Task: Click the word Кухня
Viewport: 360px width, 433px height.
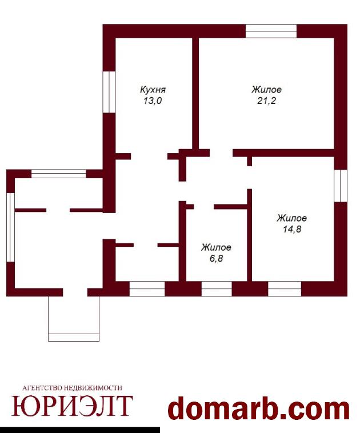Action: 153,90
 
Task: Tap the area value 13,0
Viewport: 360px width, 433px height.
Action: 152,101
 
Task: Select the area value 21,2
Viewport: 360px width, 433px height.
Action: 267,101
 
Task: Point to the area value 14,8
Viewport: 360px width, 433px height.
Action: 292,229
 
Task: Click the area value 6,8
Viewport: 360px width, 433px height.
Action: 217,259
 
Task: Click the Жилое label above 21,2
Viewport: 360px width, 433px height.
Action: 267,90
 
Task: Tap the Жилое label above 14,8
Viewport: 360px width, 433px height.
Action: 292,218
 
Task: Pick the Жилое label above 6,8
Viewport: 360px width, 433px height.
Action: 216,247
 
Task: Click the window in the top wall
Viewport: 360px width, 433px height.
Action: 271,31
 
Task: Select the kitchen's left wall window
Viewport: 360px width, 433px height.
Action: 109,92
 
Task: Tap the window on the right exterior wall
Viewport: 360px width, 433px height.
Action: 341,186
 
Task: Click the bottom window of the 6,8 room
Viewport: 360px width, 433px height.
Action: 217,289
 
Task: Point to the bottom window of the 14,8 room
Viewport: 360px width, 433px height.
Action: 285,289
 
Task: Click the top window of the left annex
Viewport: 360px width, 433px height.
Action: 59,174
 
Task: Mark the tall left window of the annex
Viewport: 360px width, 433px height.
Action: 10,227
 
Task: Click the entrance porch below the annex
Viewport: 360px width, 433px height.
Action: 74,319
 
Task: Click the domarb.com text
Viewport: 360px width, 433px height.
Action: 259,409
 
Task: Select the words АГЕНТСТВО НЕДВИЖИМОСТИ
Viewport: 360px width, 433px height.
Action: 72,388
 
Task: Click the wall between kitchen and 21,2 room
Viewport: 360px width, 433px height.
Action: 195,93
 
